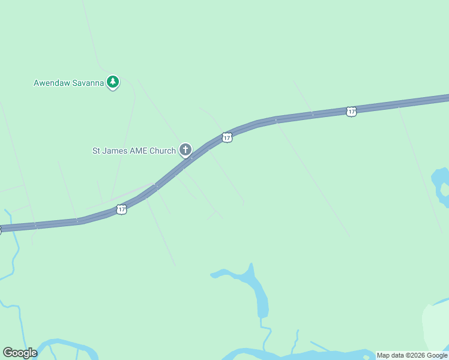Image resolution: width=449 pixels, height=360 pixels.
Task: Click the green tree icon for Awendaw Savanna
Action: (x=113, y=82)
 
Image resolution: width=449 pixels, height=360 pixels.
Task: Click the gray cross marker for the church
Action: (x=185, y=149)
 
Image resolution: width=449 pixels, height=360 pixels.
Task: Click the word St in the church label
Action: (x=97, y=151)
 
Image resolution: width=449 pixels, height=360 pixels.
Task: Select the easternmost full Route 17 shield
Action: (x=352, y=111)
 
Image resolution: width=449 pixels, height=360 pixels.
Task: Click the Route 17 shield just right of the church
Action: (x=226, y=137)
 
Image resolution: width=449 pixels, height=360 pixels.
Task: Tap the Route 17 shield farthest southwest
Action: (x=122, y=209)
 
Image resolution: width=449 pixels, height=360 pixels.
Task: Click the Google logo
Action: (x=20, y=353)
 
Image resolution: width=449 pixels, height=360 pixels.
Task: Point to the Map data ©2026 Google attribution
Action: (x=412, y=355)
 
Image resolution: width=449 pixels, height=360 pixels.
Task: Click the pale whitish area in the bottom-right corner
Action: (x=436, y=327)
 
